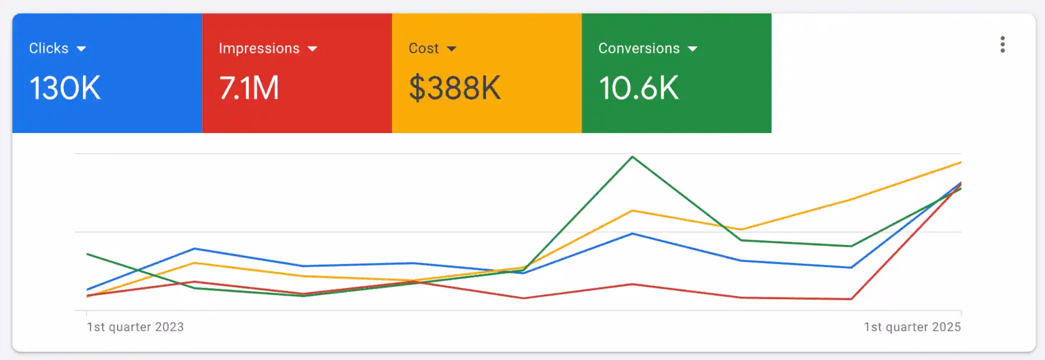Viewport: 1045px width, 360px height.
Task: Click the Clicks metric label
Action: (49, 49)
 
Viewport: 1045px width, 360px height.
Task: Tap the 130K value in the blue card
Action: (65, 88)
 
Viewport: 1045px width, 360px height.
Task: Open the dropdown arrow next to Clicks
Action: (81, 49)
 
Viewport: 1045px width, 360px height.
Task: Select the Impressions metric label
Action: (259, 49)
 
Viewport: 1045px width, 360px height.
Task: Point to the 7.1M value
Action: (249, 88)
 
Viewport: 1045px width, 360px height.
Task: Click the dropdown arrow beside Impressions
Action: (312, 49)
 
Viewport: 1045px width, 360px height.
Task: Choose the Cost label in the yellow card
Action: (423, 49)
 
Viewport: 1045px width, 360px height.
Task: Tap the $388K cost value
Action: (455, 88)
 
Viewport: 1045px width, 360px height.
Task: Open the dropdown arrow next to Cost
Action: (452, 49)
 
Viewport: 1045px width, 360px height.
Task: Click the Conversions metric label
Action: (639, 49)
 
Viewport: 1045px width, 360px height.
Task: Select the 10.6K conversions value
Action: (639, 88)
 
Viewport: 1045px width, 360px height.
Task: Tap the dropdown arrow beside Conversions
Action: (692, 49)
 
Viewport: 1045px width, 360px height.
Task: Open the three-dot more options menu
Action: (1003, 45)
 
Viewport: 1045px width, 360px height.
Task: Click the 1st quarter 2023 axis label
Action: (135, 327)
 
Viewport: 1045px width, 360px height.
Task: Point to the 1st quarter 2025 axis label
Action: (912, 327)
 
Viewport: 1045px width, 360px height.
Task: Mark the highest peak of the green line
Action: (632, 157)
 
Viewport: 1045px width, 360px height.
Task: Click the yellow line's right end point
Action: (961, 163)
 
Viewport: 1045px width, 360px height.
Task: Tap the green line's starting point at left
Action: (87, 254)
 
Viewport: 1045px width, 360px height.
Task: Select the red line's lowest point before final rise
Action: (851, 299)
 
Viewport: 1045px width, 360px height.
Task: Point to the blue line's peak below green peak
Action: (632, 233)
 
